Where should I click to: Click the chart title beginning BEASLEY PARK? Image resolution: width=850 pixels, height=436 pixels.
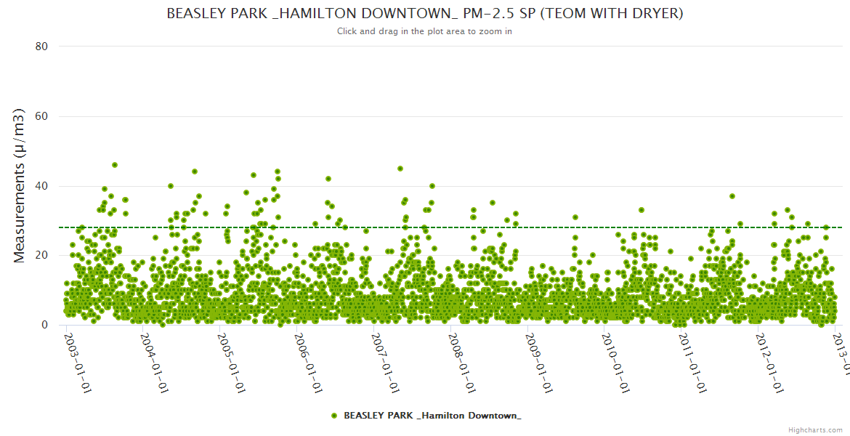[424, 14]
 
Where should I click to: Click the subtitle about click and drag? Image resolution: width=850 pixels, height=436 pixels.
[424, 31]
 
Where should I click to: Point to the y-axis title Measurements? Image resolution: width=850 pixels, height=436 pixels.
[20, 185]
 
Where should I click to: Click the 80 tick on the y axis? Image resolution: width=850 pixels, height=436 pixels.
[41, 47]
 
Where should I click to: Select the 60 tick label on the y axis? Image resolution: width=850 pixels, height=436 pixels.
[41, 116]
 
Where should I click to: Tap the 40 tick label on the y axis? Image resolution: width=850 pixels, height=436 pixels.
[41, 186]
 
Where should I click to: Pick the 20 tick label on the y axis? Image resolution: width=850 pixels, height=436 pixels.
[41, 255]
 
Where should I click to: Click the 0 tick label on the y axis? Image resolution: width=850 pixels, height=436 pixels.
[44, 325]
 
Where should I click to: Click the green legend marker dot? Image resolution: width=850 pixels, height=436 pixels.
[334, 416]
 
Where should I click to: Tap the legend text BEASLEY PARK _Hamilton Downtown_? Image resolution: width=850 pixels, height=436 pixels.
[432, 416]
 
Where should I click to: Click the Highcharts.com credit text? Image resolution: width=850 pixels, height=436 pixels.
[815, 429]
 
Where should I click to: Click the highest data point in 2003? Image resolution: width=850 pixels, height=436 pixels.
[115, 165]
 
